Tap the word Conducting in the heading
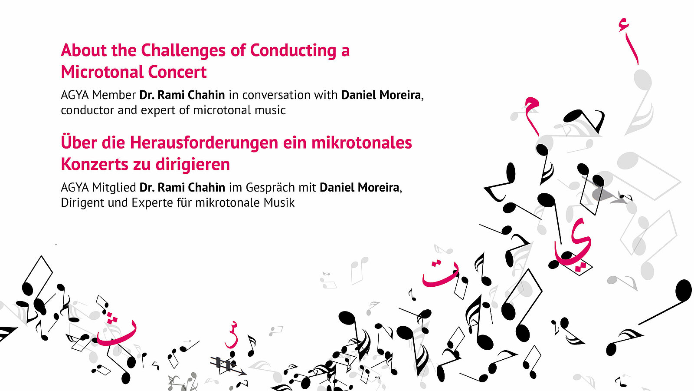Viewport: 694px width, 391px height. click(293, 51)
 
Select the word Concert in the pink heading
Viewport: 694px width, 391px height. click(177, 72)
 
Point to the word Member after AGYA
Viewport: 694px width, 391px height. click(114, 95)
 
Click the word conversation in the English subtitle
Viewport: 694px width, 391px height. click(290, 95)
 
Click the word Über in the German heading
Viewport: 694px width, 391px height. click(78, 142)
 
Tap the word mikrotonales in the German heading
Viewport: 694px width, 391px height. click(362, 143)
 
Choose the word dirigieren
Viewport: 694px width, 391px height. click(193, 165)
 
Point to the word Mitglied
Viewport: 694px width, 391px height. click(114, 188)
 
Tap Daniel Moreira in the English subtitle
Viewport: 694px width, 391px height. click(381, 95)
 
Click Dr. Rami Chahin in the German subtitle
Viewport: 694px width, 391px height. click(182, 188)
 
